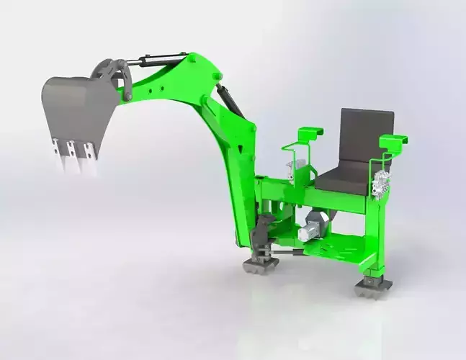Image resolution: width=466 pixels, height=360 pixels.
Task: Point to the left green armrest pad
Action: click(x=310, y=133)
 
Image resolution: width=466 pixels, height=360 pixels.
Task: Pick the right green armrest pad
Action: click(x=393, y=140)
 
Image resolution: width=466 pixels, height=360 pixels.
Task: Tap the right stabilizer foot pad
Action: click(x=373, y=285)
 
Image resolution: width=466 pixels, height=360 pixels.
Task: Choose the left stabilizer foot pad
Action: click(x=260, y=264)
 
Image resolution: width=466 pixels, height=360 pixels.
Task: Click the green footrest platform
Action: click(x=339, y=248)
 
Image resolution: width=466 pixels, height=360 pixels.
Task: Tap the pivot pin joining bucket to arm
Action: click(x=127, y=94)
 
